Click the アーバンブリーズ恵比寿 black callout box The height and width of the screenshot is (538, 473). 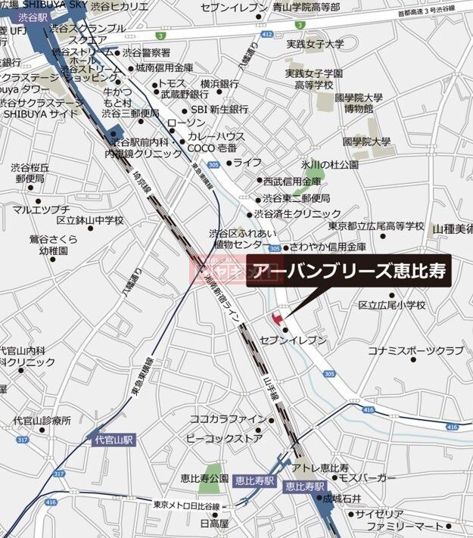tap(349, 271)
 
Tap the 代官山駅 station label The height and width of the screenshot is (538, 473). tap(114, 439)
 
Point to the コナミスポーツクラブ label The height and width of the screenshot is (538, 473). tap(415, 351)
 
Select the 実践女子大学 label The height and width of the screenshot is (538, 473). tap(315, 45)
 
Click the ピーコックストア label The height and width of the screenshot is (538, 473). tap(224, 438)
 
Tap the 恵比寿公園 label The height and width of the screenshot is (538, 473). tap(204, 478)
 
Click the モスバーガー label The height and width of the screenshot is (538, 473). tap(367, 478)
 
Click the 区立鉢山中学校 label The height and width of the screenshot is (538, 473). tap(90, 220)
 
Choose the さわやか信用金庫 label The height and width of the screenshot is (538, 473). tap(328, 247)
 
